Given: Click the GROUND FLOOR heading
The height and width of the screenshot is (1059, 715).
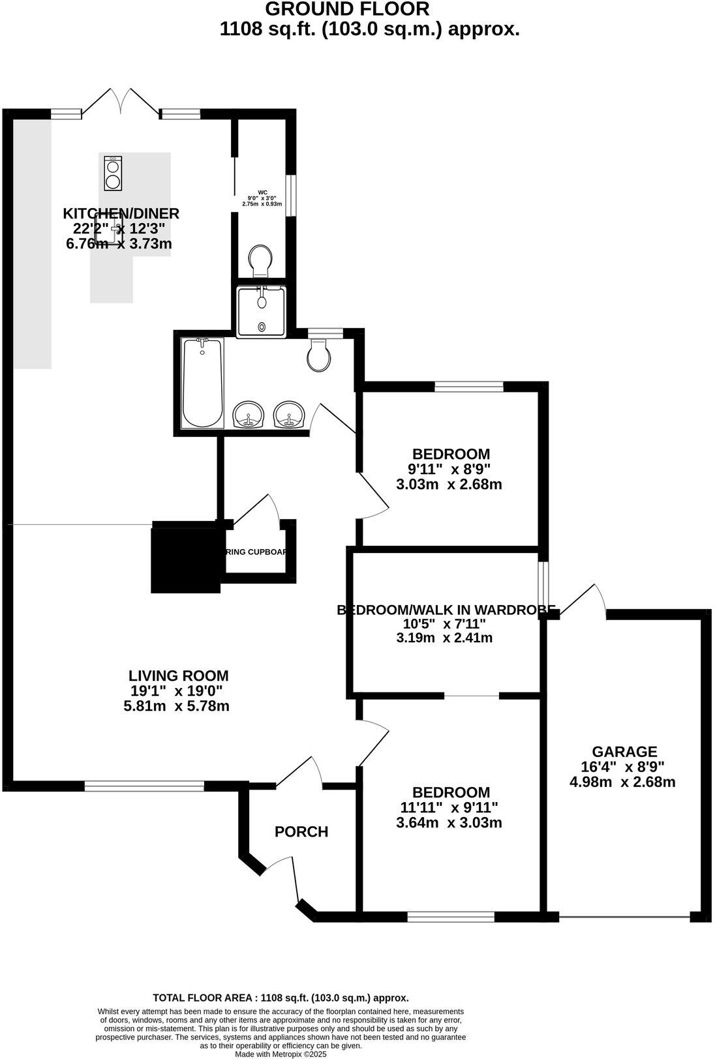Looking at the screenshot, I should pos(348,9).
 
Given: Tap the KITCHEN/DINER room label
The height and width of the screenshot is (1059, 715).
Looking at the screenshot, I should pos(121,213).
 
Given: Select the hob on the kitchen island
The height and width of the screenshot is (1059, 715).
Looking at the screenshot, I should pos(112,173).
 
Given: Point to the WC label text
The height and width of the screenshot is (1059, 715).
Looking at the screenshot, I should pos(262,192).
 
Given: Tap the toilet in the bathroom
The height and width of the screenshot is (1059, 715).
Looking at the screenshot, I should pos(319,355).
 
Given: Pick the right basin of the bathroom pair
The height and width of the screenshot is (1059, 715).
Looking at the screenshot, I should pos(290,414).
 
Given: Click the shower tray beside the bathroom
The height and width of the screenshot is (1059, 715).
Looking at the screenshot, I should pos(261,311).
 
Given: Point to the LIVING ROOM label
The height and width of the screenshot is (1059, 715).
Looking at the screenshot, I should pos(178,676).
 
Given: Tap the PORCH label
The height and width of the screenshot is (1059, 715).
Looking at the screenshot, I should pos(301,831).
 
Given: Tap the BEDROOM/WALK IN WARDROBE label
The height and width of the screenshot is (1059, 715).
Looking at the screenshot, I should pos(446,610).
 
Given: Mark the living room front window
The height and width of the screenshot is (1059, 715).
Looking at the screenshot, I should pos(144,786).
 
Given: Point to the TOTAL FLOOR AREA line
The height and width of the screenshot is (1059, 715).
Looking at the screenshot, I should pos(281,998).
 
